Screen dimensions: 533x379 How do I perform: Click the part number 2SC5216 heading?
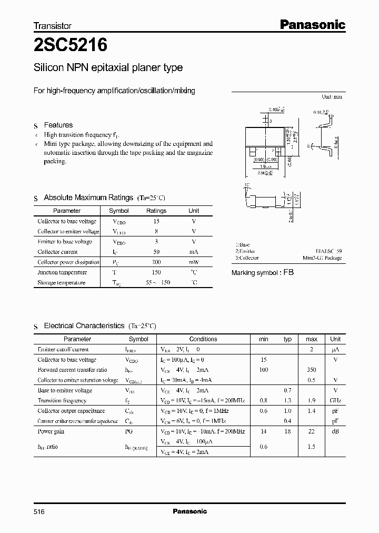tap(71, 45)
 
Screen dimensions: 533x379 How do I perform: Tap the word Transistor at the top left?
tap(53, 25)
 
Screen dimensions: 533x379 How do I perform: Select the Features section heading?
tap(58, 125)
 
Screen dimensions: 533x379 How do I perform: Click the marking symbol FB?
tap(288, 273)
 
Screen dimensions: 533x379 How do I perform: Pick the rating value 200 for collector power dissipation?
tap(156, 262)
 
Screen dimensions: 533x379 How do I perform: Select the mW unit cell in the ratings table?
tap(194, 262)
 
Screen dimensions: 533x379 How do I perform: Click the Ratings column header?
tap(156, 211)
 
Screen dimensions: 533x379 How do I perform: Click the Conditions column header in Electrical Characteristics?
tap(203, 339)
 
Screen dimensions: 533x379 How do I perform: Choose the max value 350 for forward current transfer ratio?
tap(311, 370)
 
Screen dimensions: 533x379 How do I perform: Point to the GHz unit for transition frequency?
tap(335, 401)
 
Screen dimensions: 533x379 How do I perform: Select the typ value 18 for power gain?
tap(287, 431)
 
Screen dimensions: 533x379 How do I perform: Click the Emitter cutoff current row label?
tap(63, 349)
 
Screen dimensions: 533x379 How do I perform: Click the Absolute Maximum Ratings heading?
tap(88, 198)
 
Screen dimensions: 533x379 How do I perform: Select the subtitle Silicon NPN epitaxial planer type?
tap(108, 67)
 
